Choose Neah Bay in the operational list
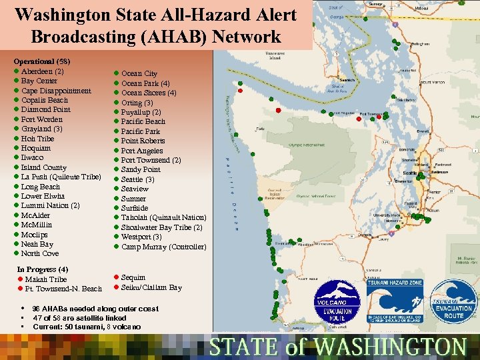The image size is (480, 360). [x=37, y=244]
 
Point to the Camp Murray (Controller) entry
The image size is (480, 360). [x=163, y=247]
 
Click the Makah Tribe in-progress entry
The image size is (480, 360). [x=46, y=279]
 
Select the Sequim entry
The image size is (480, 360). [x=133, y=277]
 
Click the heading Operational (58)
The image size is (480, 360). [x=42, y=61]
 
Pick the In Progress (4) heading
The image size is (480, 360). [x=43, y=269]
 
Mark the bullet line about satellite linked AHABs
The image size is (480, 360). [x=79, y=318]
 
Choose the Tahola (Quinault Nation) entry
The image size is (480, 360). [x=163, y=217]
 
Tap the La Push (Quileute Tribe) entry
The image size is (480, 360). [x=61, y=177]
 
